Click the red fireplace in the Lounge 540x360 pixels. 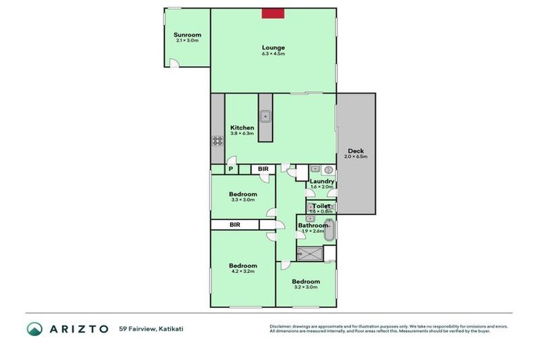273,13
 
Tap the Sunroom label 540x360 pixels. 187,34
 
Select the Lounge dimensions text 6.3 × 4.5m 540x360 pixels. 273,54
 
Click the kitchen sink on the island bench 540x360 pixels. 265,117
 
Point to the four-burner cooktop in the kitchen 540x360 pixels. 217,139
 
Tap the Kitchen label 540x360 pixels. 242,128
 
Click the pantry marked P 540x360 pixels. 231,169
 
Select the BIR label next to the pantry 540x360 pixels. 262,169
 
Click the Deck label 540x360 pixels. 356,150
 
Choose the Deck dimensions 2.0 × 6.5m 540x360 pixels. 356,157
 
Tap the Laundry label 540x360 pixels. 321,181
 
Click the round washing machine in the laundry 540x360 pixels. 328,169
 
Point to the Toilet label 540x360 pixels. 321,206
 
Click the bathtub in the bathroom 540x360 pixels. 331,230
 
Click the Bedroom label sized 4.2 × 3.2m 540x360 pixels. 242,265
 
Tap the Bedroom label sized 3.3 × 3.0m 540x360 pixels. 243,194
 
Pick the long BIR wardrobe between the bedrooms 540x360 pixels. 235,224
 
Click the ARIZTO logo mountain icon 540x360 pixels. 34,328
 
